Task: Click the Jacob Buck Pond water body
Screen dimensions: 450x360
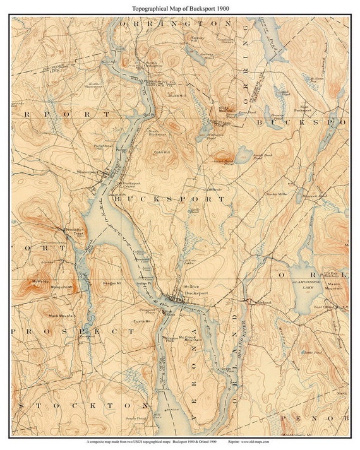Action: click(244, 151)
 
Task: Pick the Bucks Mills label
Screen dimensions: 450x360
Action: click(276, 194)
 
